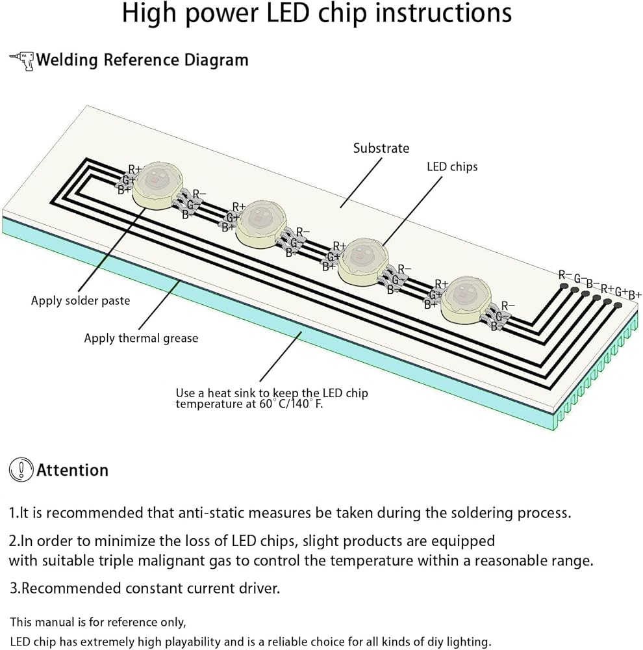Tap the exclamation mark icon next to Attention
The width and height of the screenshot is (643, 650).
(21, 470)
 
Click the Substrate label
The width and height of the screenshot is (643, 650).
(381, 148)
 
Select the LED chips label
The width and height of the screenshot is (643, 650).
(452, 166)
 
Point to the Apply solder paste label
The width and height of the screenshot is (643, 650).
(81, 300)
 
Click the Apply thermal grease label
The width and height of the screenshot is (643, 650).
(141, 338)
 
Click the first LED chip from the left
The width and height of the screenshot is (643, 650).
(157, 184)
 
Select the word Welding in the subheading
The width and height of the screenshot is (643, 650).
(67, 60)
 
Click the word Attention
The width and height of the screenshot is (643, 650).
(73, 470)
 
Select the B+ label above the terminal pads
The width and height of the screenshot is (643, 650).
(635, 295)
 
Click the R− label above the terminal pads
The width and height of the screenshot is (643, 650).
(564, 275)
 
